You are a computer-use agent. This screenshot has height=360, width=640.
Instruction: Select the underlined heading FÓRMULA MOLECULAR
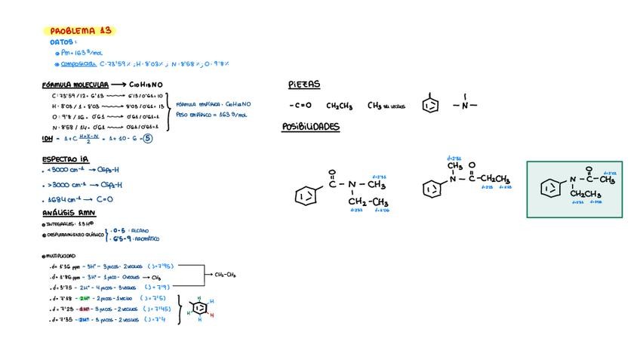pos(75,85)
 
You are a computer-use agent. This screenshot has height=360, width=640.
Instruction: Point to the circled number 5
pos(148,139)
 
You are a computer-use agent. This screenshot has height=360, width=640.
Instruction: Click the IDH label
pos(47,139)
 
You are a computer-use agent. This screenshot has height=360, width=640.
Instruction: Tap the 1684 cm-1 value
pos(61,200)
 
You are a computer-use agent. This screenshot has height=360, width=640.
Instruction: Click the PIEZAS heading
pos(304,85)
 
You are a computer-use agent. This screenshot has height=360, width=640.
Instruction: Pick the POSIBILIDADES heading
pos(310,127)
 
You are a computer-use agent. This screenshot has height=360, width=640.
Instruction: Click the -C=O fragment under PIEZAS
pos(300,106)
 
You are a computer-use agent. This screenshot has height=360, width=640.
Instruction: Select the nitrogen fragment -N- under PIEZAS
pos(465,105)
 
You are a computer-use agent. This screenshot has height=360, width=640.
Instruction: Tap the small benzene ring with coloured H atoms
pos(199,309)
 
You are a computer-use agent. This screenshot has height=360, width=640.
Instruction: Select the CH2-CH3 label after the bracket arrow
pos(225,275)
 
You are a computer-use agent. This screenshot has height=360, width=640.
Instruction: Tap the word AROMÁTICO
pos(146,238)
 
